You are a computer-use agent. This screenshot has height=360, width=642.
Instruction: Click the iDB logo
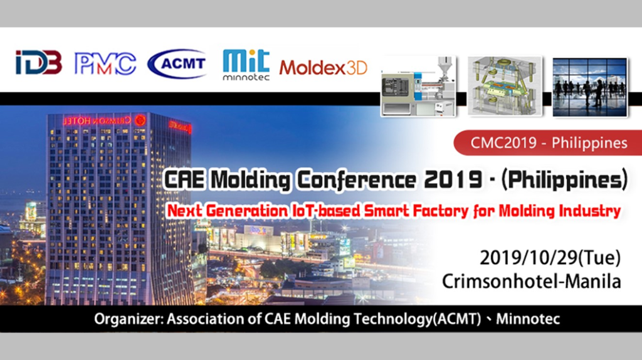(39, 63)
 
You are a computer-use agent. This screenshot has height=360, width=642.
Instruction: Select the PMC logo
(105, 64)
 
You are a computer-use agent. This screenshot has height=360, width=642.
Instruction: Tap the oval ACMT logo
(177, 63)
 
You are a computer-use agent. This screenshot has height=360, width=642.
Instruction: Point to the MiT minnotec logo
(246, 65)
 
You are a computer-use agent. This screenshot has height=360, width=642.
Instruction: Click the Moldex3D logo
(323, 68)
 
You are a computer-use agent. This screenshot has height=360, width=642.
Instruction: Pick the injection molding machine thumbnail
(418, 87)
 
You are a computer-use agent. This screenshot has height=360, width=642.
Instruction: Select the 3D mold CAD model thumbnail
(505, 87)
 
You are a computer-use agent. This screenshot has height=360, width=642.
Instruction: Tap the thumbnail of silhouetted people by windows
(589, 87)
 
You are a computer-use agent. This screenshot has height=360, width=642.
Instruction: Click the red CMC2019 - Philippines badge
(548, 143)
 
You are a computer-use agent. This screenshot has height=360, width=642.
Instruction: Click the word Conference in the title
(356, 180)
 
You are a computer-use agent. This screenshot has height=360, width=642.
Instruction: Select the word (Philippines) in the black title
(564, 179)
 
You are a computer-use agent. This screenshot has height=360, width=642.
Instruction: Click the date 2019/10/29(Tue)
(550, 258)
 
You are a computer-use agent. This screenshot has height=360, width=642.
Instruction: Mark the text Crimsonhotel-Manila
(531, 282)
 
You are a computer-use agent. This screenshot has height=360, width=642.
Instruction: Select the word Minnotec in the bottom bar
(528, 319)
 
